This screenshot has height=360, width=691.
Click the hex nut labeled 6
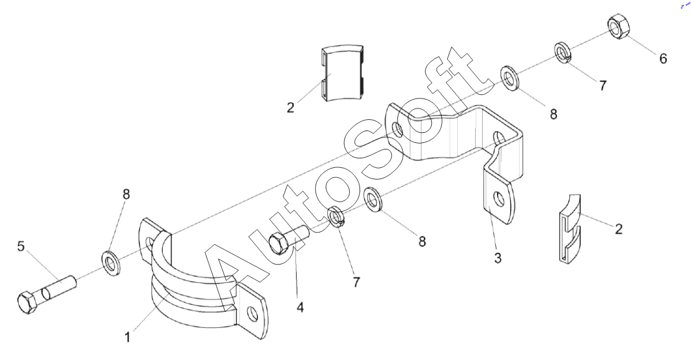(620, 26)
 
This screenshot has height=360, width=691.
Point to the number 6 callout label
(663, 58)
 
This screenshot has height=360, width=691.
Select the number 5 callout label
(21, 246)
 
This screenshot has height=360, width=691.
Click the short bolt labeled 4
(287, 239)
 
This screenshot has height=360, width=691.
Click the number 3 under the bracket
(498, 258)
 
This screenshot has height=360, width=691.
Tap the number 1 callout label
(128, 337)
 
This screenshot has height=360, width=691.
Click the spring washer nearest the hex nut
(562, 53)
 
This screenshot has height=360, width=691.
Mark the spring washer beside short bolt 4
(337, 217)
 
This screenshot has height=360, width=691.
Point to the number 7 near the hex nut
(603, 85)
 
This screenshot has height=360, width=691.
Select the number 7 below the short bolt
(356, 282)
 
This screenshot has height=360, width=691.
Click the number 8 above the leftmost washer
(126, 195)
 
